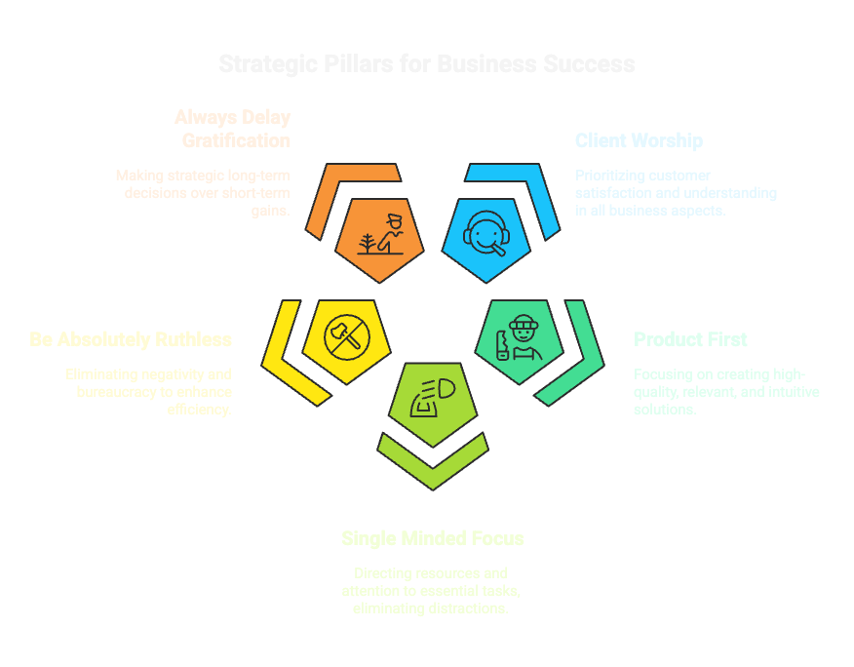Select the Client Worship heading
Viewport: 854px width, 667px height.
639,141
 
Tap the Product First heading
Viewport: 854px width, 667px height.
690,339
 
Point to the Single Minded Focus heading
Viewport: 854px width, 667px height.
433,538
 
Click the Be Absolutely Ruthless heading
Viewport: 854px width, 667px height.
131,339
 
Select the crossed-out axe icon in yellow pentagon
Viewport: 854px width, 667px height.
346,337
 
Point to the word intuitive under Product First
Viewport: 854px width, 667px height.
789,392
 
